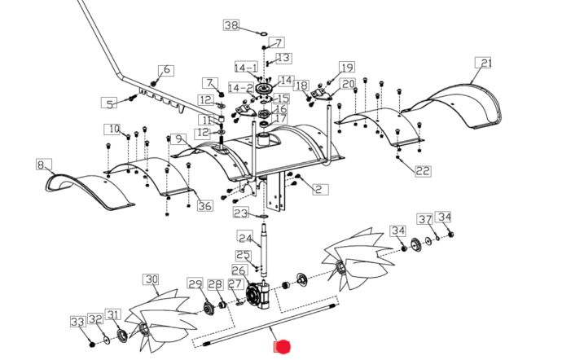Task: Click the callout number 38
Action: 231,26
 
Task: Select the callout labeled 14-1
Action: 246,67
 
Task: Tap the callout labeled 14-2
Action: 239,87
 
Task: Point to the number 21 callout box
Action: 486,63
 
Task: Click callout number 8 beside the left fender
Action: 41,165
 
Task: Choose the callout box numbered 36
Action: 204,206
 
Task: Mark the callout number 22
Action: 423,171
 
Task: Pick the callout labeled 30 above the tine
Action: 151,279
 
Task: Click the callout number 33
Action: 77,323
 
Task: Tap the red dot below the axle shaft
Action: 282,348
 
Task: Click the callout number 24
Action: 245,237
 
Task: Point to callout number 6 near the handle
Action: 167,70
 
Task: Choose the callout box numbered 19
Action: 347,68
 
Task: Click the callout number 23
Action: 240,213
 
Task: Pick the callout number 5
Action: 109,103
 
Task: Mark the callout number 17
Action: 280,119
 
